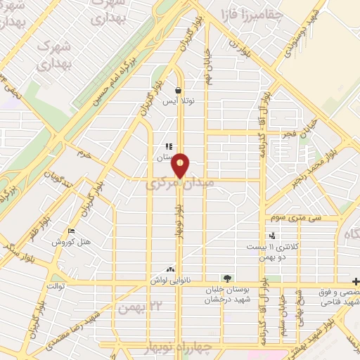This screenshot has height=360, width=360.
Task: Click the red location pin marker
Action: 181,165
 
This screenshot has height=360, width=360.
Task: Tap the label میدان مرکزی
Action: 176,184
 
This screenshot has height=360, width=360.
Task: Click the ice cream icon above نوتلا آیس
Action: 179,91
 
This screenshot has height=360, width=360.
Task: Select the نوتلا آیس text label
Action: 179,102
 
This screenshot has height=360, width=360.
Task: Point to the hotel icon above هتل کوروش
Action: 71,231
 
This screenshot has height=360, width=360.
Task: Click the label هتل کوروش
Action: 71,242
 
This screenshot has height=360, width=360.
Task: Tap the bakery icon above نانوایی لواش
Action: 169,269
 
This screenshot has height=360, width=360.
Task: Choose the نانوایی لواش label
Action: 169,280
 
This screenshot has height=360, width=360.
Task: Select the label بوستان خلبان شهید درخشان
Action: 226,293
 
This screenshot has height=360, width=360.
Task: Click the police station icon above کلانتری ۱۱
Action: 272,236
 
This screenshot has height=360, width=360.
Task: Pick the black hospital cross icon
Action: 356,279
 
